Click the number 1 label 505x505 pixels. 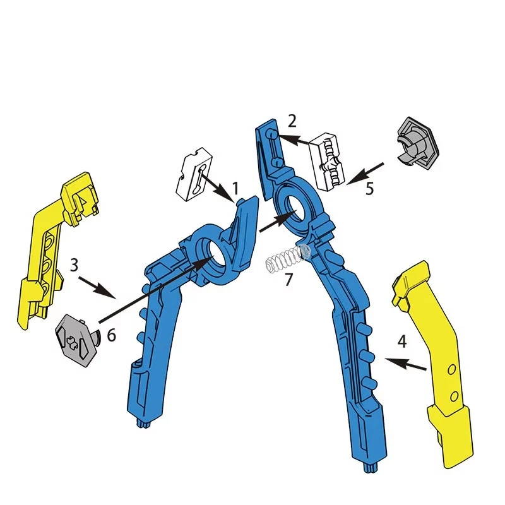(x=235, y=188)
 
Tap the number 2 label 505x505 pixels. (x=292, y=121)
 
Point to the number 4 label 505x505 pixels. (x=402, y=342)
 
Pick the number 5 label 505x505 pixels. (x=370, y=188)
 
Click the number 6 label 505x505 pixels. (x=111, y=335)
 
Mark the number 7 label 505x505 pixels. (x=288, y=280)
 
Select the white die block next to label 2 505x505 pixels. (x=332, y=160)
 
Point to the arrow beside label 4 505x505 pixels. (x=407, y=364)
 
